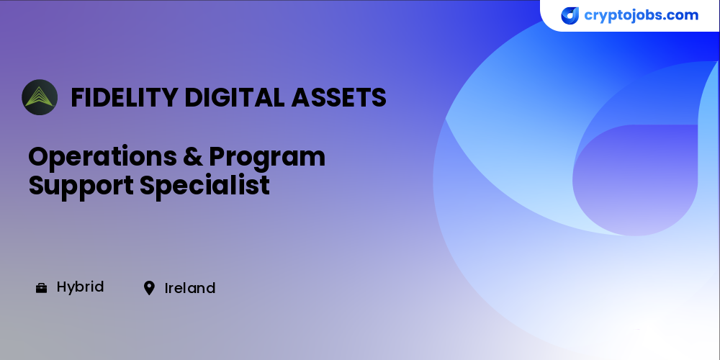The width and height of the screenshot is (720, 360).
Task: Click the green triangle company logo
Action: pyautogui.click(x=40, y=97)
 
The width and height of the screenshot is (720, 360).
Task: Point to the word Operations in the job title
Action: pyautogui.click(x=102, y=157)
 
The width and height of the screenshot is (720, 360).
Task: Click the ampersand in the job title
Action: pyautogui.click(x=193, y=157)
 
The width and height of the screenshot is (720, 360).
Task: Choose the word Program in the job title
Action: pyautogui.click(x=267, y=158)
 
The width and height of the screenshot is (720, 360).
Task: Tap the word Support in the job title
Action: pyautogui.click(x=81, y=186)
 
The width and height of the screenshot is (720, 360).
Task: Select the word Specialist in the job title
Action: pyautogui.click(x=204, y=186)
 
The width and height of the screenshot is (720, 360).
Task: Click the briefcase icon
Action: pyautogui.click(x=41, y=288)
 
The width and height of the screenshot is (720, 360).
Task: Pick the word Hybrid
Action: pyautogui.click(x=81, y=287)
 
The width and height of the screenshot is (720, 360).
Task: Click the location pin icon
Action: pyautogui.click(x=149, y=288)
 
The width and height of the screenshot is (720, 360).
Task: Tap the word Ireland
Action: pyautogui.click(x=190, y=289)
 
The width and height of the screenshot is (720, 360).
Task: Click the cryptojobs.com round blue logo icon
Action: pyautogui.click(x=570, y=16)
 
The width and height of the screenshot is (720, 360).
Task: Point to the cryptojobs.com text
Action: pyautogui.click(x=641, y=16)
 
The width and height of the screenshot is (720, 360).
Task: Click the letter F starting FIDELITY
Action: pyautogui.click(x=78, y=97)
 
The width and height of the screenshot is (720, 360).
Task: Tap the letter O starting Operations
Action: pyautogui.click(x=40, y=157)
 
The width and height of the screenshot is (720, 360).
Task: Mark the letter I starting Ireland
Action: pyautogui.click(x=167, y=289)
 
